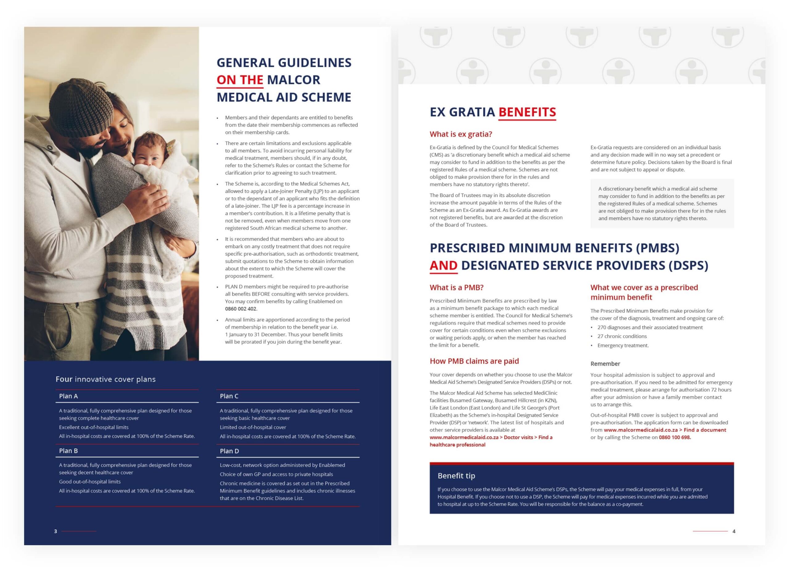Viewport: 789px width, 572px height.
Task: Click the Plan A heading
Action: (68, 396)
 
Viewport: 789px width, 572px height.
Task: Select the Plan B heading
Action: (68, 451)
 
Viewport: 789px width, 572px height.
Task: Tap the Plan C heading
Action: (229, 396)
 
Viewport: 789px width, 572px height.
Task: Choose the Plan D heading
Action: (229, 451)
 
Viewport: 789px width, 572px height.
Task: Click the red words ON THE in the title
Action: (240, 80)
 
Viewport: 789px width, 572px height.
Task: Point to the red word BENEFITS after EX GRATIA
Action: (527, 112)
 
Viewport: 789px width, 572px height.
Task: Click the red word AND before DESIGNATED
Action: (443, 265)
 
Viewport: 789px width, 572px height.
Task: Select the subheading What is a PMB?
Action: (456, 288)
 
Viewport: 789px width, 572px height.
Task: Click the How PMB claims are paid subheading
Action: (474, 361)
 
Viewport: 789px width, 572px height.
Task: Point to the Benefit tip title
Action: (456, 476)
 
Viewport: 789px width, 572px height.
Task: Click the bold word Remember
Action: (605, 364)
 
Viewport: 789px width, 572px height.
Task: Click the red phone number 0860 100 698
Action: (675, 437)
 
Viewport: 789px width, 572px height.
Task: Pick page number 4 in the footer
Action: (734, 531)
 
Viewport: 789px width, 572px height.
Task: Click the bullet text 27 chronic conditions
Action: (622, 336)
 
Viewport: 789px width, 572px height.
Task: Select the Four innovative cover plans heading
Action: (105, 379)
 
